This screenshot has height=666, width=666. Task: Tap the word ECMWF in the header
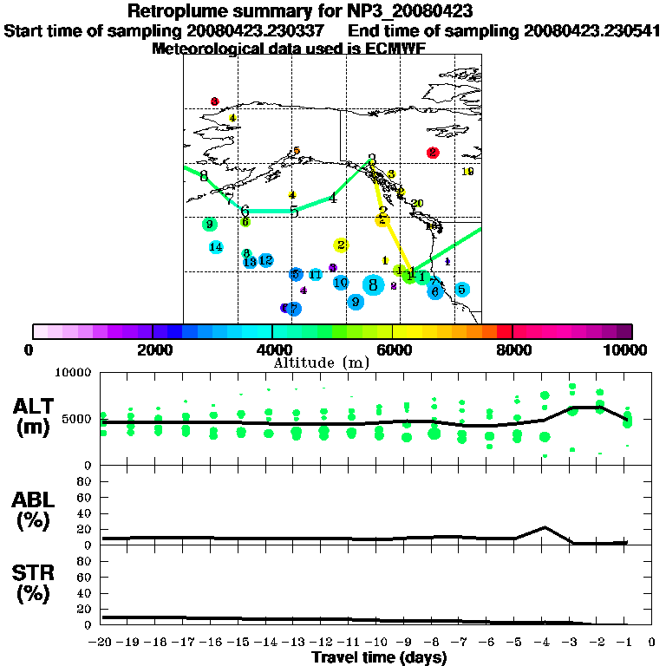pyautogui.click(x=395, y=49)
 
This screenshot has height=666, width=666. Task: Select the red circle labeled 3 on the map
pyautogui.click(x=214, y=101)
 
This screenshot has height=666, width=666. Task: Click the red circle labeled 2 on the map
pyautogui.click(x=433, y=153)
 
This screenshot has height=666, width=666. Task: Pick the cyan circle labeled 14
pyautogui.click(x=216, y=247)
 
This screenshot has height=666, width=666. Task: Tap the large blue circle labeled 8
pyautogui.click(x=374, y=284)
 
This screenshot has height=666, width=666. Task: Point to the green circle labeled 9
pyautogui.click(x=209, y=225)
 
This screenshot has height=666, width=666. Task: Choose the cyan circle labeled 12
pyautogui.click(x=266, y=259)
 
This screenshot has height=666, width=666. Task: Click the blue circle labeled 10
pyautogui.click(x=341, y=283)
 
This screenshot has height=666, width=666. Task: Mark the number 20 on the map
pyautogui.click(x=417, y=203)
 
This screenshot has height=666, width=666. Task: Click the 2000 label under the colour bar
pyautogui.click(x=153, y=349)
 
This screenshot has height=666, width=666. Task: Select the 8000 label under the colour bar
pyautogui.click(x=513, y=349)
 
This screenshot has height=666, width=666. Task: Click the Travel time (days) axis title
pyautogui.click(x=379, y=657)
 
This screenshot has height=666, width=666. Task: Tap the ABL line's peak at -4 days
pyautogui.click(x=544, y=527)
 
